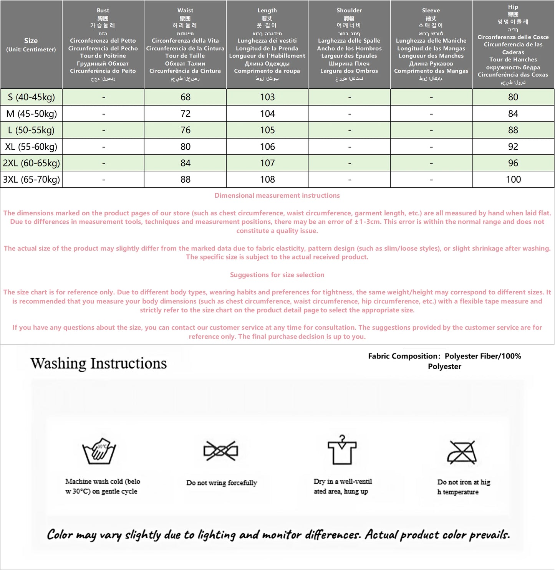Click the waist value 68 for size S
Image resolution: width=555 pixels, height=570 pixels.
pos(186,97)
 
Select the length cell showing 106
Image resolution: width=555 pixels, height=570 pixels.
pos(267,147)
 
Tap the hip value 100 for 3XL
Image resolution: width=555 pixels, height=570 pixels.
pos(513,179)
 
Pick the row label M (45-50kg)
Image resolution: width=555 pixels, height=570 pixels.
pos(31,114)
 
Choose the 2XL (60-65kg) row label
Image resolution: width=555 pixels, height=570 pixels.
pos(31,163)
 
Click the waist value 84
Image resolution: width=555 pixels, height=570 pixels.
pos(186,163)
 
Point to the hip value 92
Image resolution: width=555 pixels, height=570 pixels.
pos(513,147)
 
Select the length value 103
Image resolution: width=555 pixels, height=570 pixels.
pos(267,97)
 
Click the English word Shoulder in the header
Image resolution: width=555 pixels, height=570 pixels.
pos(349,10)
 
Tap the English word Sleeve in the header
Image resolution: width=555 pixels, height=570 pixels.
pos(431,10)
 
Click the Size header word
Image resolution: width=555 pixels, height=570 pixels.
pos(31,41)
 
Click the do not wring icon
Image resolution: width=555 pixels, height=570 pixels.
pos(221,451)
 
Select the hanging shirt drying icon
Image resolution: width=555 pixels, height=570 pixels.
pos(342,450)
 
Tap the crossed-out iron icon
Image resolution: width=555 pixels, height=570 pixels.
pos(462,452)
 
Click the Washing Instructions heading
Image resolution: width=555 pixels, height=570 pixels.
pos(99,363)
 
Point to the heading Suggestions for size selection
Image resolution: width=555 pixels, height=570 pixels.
pos(277,275)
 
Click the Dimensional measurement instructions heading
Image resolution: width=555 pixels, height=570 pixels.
pos(277,195)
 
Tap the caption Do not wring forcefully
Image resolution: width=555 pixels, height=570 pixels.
pos(222,483)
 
